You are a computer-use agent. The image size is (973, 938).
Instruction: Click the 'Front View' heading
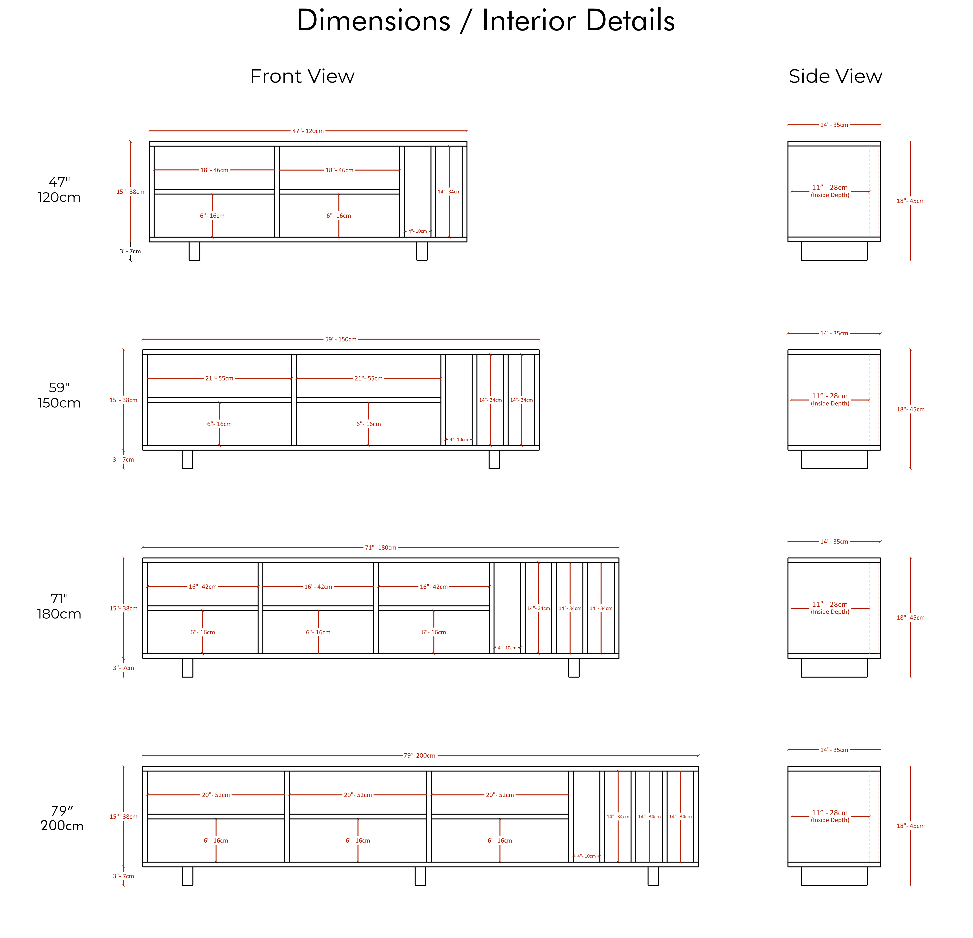pos(302,76)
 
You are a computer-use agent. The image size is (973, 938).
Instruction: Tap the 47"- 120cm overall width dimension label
pos(308,131)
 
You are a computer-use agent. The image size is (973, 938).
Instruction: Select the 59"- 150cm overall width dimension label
pos(341,340)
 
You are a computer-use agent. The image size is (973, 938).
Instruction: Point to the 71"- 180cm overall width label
pos(381,548)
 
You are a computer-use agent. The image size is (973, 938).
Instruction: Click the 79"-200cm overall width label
pos(419,756)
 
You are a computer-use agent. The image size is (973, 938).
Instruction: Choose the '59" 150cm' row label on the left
pos(59,395)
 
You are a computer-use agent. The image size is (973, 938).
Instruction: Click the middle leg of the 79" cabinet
pos(421,876)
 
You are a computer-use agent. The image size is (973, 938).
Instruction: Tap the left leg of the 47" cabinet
pos(195,251)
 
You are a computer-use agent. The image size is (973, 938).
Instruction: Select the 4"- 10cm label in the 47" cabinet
pos(417,231)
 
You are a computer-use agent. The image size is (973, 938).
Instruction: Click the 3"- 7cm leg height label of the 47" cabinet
pos(130,252)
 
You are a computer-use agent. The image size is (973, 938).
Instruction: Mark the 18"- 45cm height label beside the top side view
pos(911,201)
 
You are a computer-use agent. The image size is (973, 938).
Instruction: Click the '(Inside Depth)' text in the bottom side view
pos(830,820)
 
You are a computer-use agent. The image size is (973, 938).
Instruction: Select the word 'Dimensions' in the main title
pos(373,21)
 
